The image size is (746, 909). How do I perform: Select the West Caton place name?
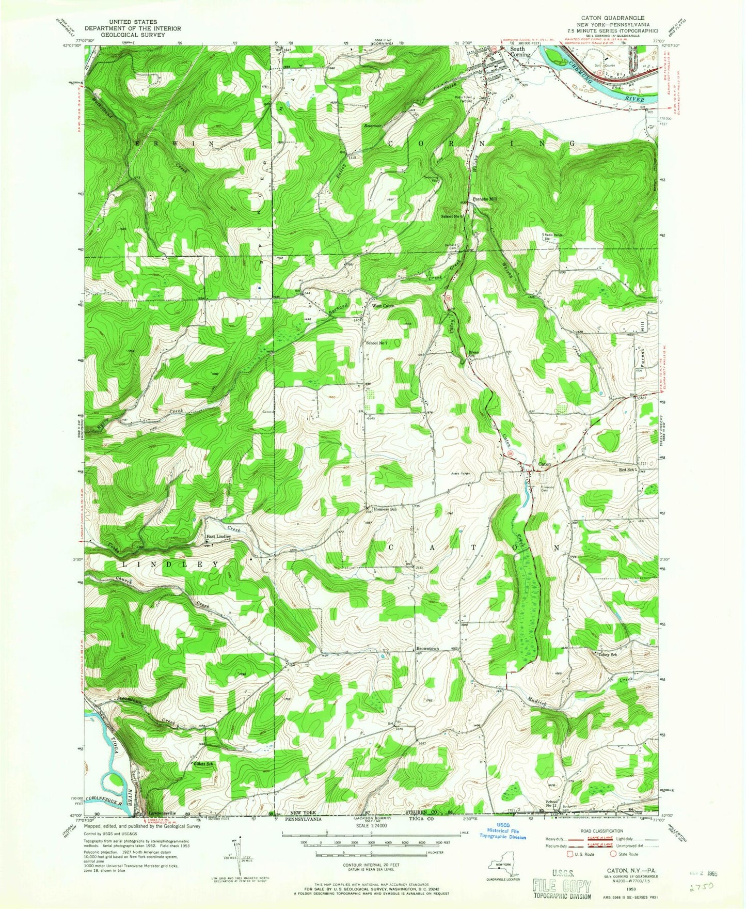(383, 306)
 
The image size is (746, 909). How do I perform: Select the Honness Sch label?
(385, 509)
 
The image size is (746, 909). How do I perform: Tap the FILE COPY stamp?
(561, 887)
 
